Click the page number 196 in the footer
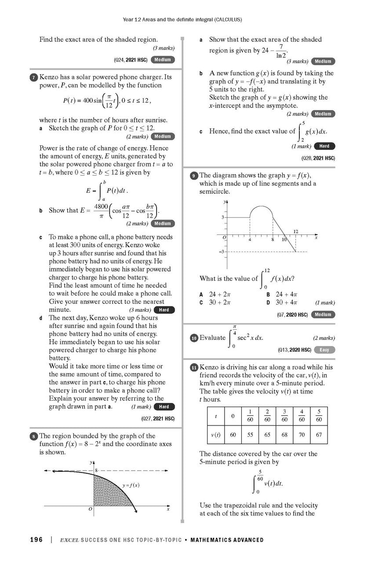[36, 540]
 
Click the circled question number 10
[194, 338]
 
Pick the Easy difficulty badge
[324, 350]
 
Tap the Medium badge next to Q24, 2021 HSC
[162, 60]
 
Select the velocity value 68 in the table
[284, 435]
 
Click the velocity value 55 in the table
[250, 435]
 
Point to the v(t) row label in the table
[216, 435]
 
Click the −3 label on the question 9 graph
[222, 252]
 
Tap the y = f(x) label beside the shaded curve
[131, 485]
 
